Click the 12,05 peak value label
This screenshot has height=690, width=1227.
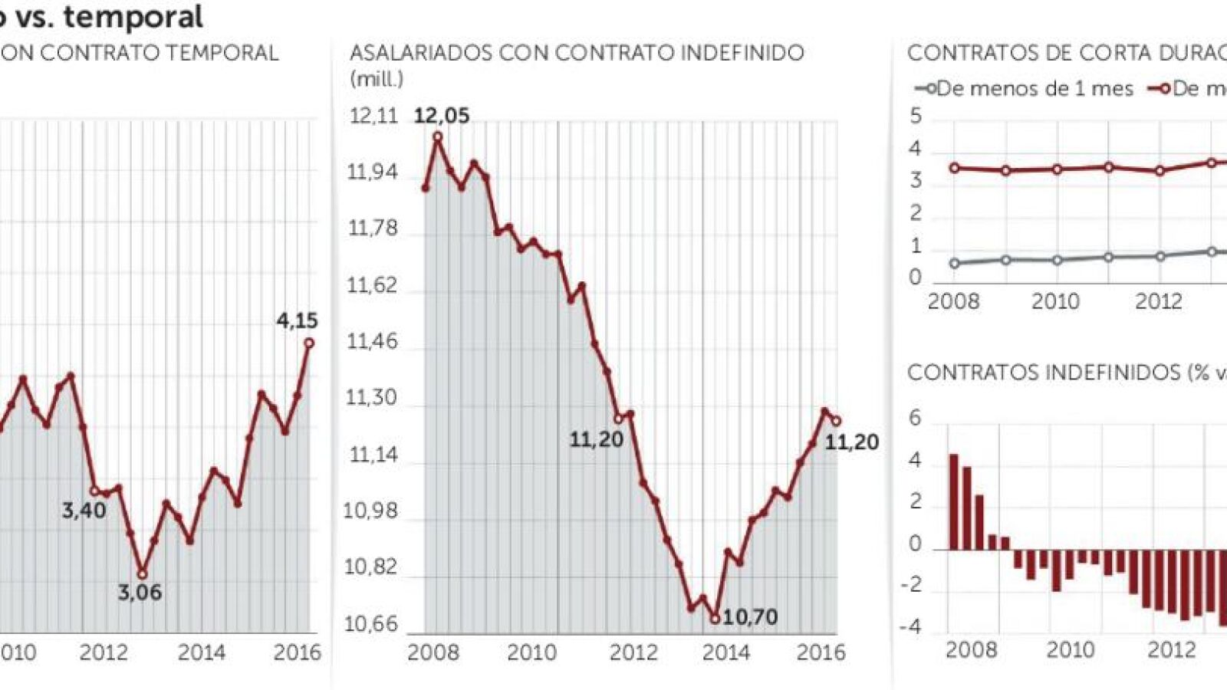click(441, 116)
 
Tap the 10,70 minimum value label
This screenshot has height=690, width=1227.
click(750, 616)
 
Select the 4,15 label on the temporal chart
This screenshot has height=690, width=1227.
click(297, 320)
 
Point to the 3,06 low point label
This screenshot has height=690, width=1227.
click(140, 592)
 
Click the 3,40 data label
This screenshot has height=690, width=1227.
click(84, 510)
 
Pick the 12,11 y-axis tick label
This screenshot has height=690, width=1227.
click(373, 116)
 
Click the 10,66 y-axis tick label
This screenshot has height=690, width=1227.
click(371, 624)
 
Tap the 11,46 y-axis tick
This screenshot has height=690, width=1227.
click(373, 341)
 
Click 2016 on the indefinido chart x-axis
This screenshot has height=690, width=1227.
click(821, 652)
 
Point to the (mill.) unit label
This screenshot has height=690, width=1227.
click(377, 78)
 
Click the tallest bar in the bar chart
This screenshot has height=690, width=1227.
click(954, 502)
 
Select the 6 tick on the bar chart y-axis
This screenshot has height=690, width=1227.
click(915, 419)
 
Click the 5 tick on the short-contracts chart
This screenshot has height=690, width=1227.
click(915, 117)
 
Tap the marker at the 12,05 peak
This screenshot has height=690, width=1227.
click(438, 137)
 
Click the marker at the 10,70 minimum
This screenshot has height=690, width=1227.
click(715, 618)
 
